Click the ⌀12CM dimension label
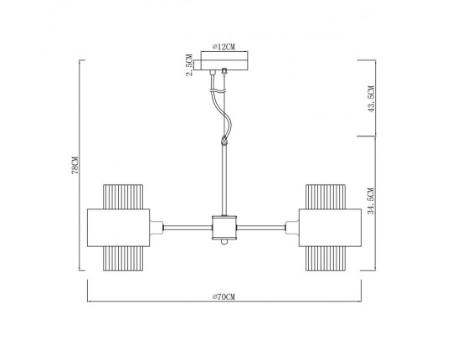click(x=223, y=47)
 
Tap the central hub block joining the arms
click(x=223, y=226)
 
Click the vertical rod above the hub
click(x=223, y=180)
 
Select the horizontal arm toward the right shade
click(x=264, y=226)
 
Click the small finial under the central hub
click(x=223, y=243)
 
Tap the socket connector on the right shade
click(x=290, y=226)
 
